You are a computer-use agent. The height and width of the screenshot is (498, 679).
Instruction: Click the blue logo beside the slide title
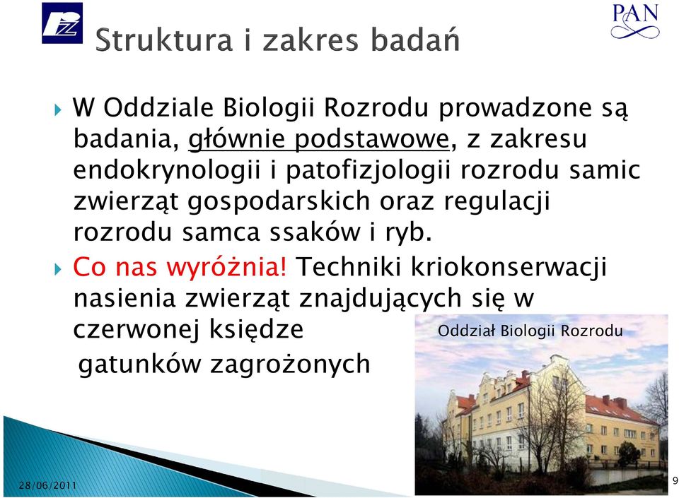[x=62, y=23]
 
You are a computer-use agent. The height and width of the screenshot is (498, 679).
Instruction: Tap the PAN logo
[x=635, y=20]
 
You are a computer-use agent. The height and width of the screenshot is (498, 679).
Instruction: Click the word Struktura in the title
[x=163, y=40]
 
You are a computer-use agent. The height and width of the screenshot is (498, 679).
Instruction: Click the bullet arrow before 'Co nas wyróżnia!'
[x=59, y=270]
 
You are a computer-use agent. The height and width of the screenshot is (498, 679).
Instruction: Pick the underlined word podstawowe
[x=371, y=140]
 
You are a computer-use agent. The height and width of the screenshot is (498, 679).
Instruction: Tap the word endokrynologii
[x=167, y=171]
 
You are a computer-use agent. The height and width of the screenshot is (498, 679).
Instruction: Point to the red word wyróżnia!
[x=226, y=266]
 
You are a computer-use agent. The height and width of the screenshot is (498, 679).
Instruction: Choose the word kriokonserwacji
[x=509, y=267]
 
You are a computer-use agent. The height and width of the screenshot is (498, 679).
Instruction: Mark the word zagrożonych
[x=290, y=364]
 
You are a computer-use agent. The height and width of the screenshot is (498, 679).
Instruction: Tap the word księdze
[x=256, y=329]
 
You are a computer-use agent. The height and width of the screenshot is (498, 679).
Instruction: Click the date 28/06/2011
[x=47, y=485]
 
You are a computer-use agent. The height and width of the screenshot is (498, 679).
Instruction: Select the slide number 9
[x=675, y=481]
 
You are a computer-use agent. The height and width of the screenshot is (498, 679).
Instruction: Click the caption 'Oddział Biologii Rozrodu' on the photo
[x=530, y=331]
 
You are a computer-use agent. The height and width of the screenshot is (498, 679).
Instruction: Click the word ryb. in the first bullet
[x=408, y=233]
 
